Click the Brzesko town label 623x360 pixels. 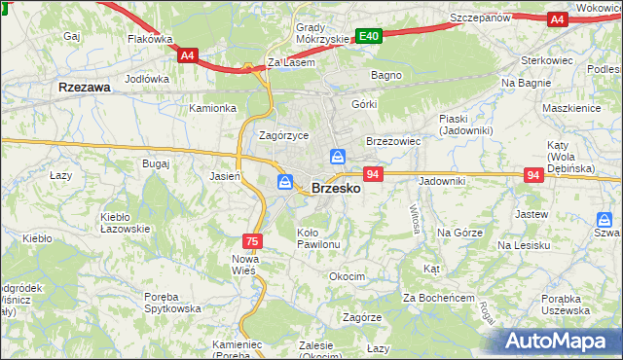336,189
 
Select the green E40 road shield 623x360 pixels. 368,36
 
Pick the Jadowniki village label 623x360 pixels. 443,181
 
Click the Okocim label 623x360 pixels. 347,276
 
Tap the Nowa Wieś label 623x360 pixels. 243,264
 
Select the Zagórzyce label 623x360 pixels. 284,135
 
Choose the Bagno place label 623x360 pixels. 386,74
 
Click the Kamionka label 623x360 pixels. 213,108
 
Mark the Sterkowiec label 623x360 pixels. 548,59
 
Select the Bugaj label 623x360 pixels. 156,164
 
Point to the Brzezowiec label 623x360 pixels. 392,141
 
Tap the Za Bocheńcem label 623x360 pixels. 438,297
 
